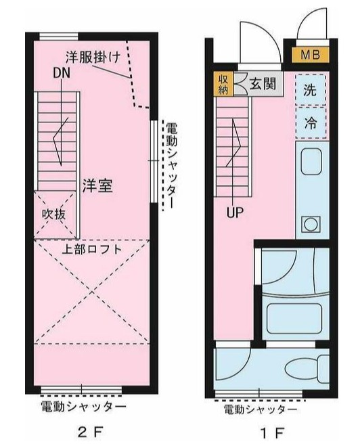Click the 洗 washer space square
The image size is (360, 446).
[310, 90]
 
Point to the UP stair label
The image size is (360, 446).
[235, 212]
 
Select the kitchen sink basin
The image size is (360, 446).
[311, 162]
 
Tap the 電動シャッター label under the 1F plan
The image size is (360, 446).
[260, 409]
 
